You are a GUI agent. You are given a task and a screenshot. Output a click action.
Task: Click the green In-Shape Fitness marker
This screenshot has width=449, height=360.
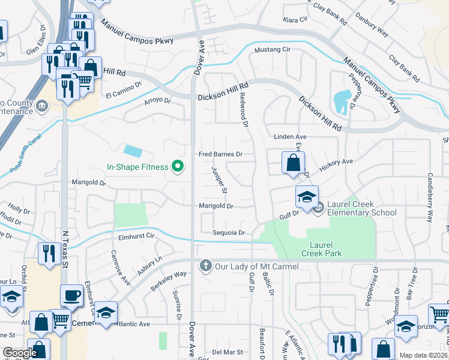(x=177, y=166)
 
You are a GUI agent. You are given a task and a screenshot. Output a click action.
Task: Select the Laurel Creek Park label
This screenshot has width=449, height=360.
(x=325, y=249)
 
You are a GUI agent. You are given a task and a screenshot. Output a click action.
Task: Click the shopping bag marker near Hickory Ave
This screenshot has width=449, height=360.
(x=292, y=163)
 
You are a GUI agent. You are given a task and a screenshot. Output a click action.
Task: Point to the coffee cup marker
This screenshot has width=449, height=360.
(x=72, y=296)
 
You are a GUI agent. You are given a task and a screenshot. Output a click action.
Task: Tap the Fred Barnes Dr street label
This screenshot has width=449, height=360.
(x=220, y=154)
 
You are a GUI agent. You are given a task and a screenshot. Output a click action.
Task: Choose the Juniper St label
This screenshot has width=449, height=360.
(x=219, y=180)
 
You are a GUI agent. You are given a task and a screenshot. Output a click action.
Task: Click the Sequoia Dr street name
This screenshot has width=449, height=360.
(x=229, y=233)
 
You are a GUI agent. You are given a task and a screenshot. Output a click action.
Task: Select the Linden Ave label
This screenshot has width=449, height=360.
(x=290, y=137)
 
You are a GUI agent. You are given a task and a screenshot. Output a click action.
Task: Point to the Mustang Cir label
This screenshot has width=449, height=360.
(x=273, y=50)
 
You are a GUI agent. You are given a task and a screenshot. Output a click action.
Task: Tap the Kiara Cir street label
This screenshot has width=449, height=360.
(x=295, y=20)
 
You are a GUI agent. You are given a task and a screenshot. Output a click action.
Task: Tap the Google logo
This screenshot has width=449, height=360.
(x=20, y=353)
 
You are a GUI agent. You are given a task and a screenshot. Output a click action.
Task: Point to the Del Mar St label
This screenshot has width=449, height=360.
(x=227, y=352)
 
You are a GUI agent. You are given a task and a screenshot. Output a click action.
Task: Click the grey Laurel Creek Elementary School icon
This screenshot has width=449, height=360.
(x=318, y=208)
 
